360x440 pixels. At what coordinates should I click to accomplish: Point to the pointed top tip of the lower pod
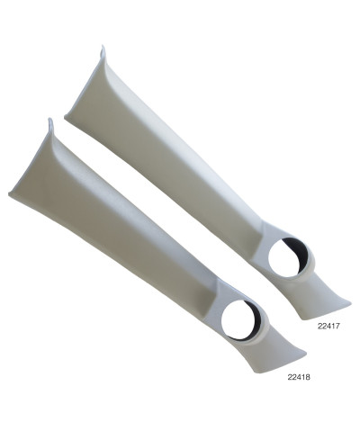click(50, 121)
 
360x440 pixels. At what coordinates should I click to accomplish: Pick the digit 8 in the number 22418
click(310, 379)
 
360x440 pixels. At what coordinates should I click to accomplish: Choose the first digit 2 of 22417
click(320, 328)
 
